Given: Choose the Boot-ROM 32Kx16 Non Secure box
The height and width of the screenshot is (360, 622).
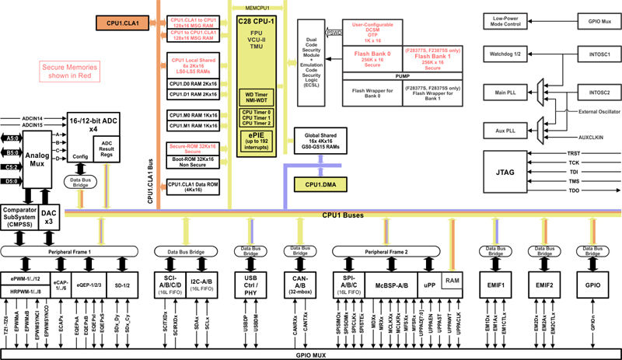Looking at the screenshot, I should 193,163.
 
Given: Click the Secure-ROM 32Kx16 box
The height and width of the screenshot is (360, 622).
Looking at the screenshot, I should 193,148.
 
